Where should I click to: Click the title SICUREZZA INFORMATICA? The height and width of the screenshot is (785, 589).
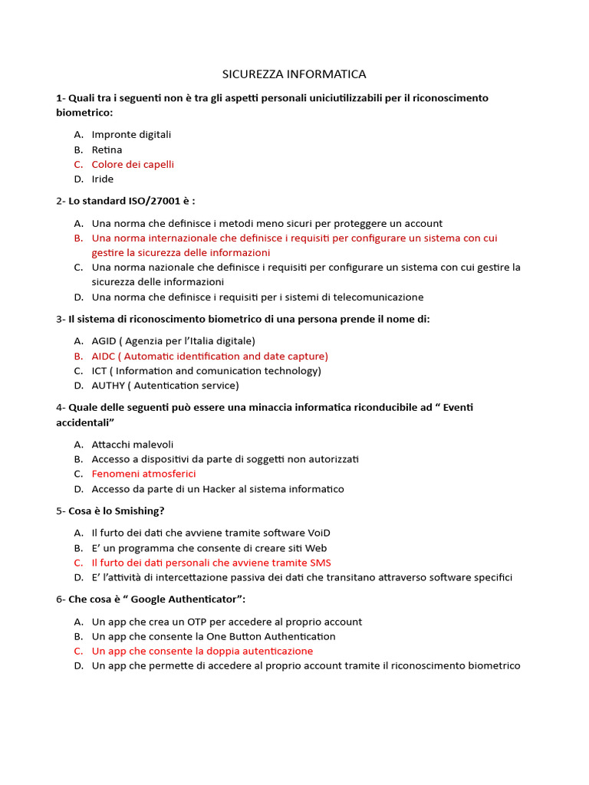point(294,74)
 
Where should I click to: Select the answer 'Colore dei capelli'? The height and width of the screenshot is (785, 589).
point(133,164)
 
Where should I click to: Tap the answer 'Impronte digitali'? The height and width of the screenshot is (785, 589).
point(131,134)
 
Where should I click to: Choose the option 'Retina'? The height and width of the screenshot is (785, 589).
point(107,149)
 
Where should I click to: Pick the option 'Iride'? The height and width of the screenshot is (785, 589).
point(102,179)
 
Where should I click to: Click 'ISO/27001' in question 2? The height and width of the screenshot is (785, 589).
point(156,201)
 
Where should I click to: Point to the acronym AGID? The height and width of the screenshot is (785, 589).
point(104,340)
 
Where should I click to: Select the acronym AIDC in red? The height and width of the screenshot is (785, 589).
point(104,356)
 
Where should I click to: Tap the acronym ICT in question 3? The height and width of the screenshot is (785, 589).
point(100,371)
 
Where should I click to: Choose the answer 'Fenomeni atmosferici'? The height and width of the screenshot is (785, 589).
point(143,474)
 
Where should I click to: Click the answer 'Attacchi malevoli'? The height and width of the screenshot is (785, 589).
point(133,444)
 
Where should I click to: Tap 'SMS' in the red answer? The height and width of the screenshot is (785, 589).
point(319,563)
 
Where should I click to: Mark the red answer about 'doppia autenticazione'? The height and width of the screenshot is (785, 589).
point(202,651)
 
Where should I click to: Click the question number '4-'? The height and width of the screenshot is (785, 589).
point(61,407)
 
